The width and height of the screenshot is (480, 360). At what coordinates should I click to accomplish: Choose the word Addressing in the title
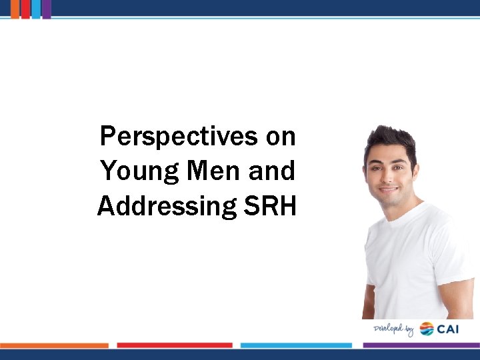[x=163, y=206]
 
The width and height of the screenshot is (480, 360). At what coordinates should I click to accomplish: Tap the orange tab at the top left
[x=15, y=9]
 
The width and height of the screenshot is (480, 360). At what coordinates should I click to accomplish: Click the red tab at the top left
[x=25, y=9]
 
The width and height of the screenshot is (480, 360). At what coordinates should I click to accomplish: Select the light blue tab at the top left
[x=36, y=9]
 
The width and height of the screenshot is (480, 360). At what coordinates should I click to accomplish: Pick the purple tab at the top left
[x=47, y=9]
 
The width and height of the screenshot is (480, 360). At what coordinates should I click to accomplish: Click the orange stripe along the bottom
[x=54, y=345]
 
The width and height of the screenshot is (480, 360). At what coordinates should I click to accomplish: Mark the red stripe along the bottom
[x=175, y=345]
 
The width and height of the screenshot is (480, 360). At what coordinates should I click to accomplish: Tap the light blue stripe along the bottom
[x=296, y=345]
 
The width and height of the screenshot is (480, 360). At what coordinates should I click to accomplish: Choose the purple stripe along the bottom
[x=421, y=345]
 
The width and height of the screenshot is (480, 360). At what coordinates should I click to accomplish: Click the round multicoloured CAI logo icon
[x=427, y=329]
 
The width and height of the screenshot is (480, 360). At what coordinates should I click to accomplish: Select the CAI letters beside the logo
[x=449, y=329]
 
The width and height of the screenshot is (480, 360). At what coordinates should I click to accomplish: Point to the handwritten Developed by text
[x=394, y=329]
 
